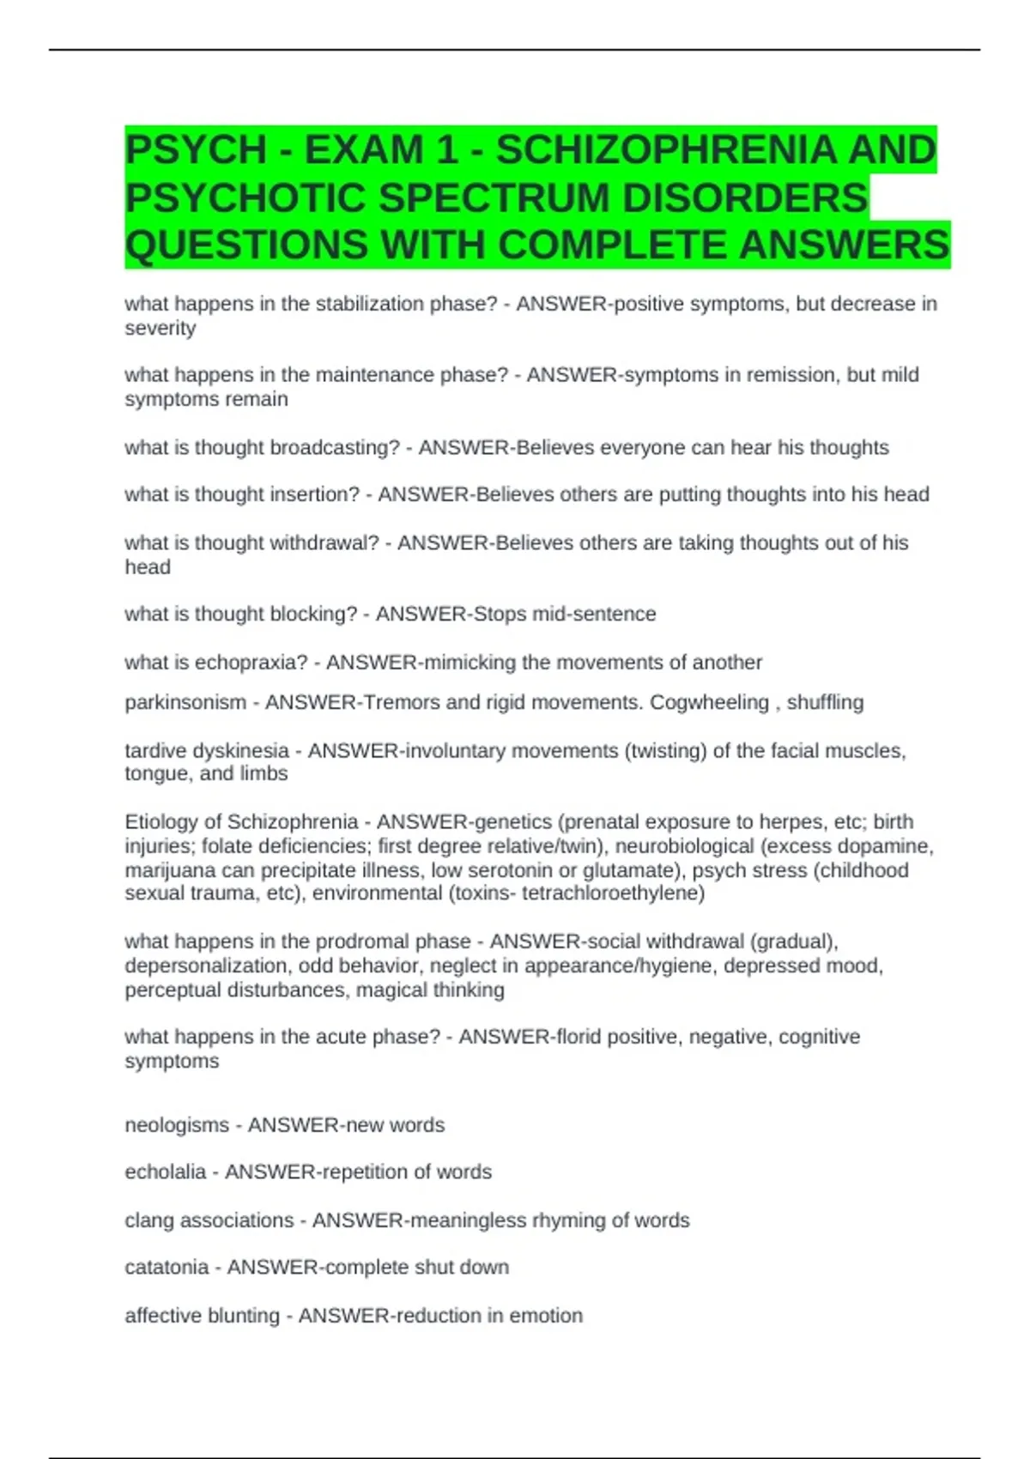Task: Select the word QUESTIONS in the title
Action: pos(246,245)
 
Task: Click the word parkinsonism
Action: pos(185,703)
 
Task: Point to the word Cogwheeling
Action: pos(709,703)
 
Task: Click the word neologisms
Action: pos(177,1125)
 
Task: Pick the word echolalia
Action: pos(165,1172)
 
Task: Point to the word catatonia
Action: pos(167,1268)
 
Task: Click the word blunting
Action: pos(244,1316)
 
